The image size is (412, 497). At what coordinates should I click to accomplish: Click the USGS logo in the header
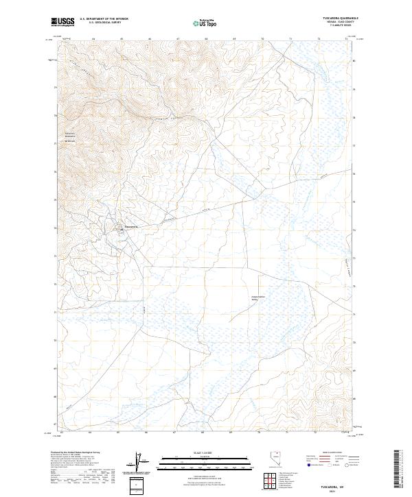click(63, 22)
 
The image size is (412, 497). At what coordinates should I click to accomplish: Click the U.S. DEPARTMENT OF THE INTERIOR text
click(104, 19)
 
